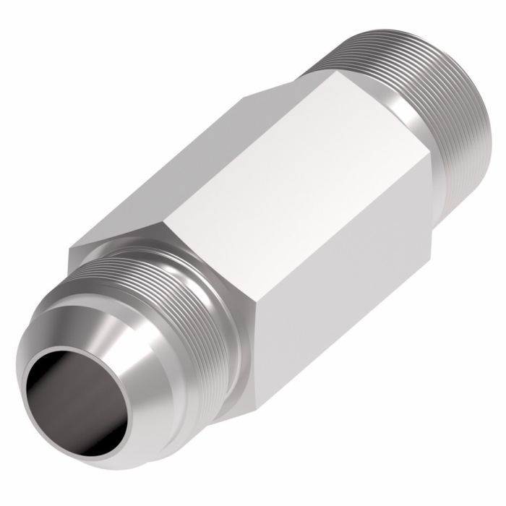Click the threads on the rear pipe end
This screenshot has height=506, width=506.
(x=448, y=94)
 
